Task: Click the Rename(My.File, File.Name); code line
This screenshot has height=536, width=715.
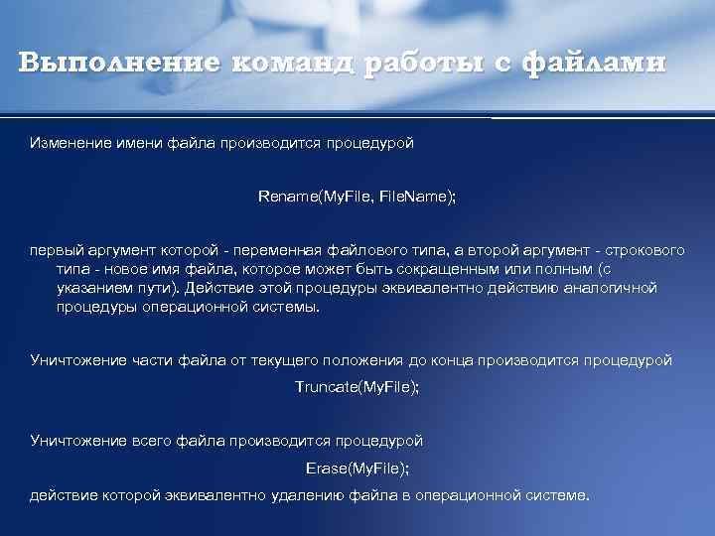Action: (357, 197)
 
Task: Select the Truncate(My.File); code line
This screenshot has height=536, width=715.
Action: (357, 386)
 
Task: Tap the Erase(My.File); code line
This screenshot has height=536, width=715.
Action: (357, 467)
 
